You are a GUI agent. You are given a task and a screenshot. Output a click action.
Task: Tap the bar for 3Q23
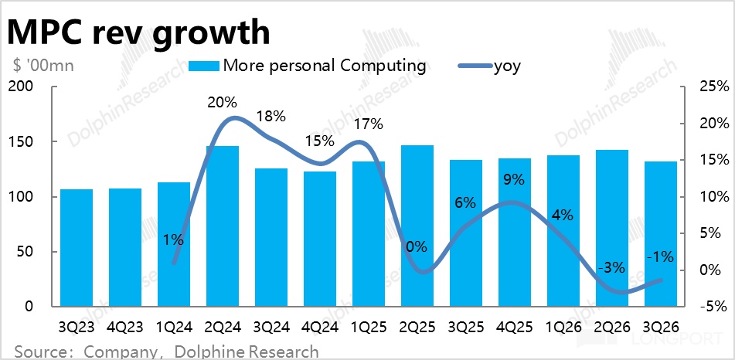(x=76, y=247)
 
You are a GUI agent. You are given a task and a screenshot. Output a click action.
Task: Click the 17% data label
(x=368, y=123)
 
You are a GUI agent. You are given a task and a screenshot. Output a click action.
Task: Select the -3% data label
(x=611, y=267)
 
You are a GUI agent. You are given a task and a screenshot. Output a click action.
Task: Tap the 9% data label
(x=514, y=180)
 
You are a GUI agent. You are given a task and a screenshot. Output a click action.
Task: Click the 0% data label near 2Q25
(x=417, y=247)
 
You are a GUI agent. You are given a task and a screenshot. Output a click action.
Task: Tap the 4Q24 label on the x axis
(x=319, y=324)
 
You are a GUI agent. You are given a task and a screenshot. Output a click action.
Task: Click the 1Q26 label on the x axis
(x=563, y=324)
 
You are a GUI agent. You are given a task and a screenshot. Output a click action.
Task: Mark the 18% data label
(x=271, y=117)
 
